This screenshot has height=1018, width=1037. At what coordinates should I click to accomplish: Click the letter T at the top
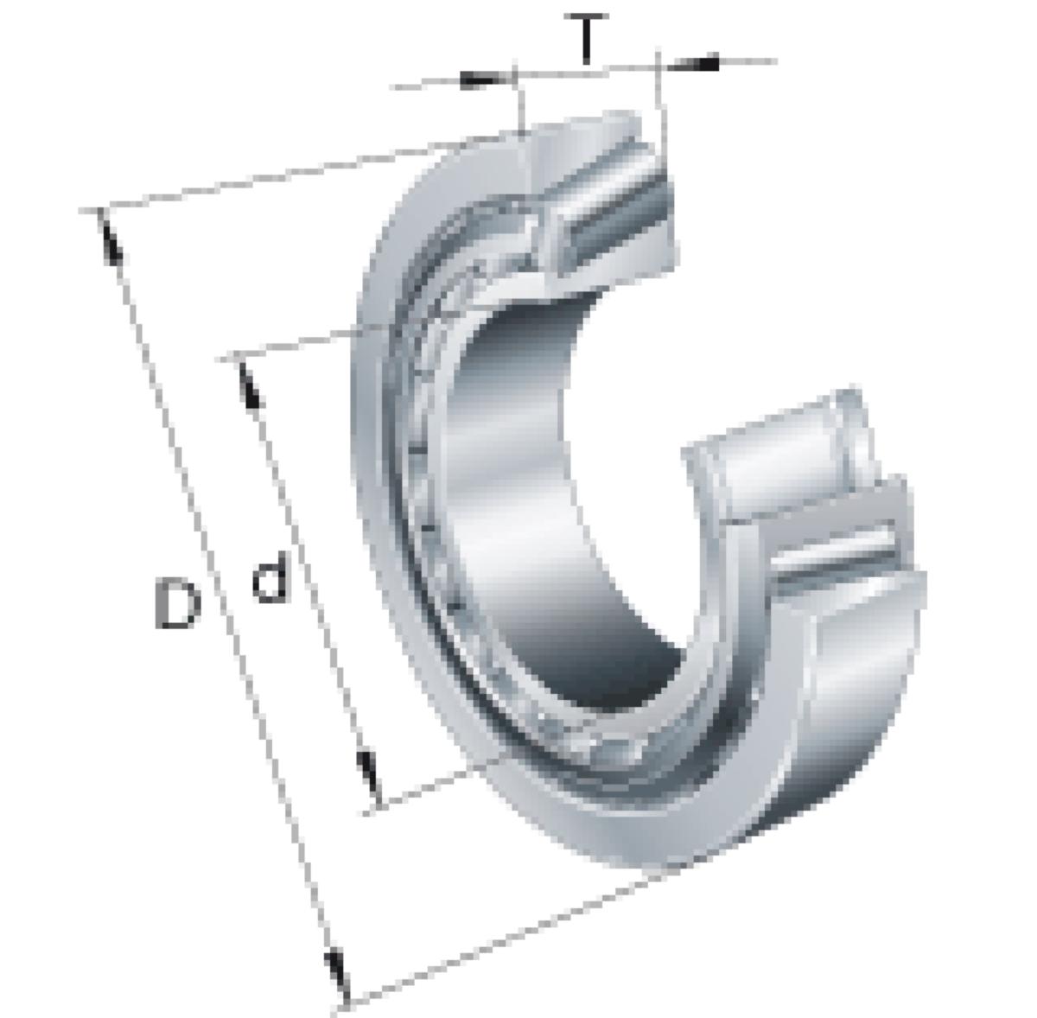(586, 38)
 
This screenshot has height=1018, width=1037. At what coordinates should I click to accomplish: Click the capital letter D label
(176, 604)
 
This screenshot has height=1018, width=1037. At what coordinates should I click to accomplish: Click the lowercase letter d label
(270, 576)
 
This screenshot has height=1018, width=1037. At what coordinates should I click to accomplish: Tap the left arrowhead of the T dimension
(484, 80)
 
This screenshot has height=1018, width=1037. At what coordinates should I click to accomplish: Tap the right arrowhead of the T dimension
(693, 63)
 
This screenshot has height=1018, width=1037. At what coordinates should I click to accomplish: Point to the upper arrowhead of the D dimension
(110, 239)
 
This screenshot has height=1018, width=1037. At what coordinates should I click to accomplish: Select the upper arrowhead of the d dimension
(250, 386)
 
